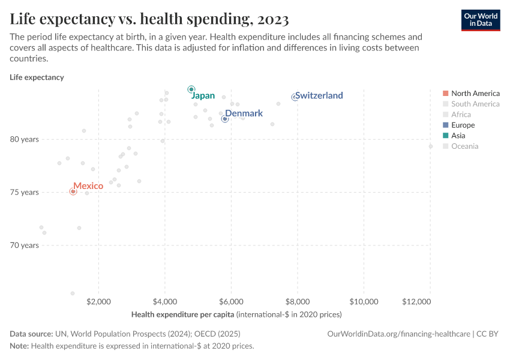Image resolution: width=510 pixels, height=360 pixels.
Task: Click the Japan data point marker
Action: click(191, 89)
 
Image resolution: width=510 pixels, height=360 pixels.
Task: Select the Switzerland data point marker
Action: click(295, 97)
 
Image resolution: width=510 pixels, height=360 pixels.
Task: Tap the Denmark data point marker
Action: click(225, 119)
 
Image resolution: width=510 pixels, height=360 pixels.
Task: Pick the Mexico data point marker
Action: click(73, 191)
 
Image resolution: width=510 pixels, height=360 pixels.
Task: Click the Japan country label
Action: click(203, 96)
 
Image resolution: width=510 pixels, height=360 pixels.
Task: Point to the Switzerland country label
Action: click(319, 95)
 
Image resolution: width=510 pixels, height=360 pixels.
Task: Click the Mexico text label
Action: click(88, 186)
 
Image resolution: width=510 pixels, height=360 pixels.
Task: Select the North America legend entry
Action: click(475, 93)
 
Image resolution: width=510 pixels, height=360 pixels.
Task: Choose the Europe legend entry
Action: click(463, 125)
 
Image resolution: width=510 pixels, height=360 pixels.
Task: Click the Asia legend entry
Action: click(459, 136)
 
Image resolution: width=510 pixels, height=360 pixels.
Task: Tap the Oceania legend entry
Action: click(464, 146)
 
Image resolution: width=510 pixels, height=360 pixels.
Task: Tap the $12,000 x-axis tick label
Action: click(417, 301)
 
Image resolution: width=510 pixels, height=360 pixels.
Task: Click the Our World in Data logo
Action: click(480, 20)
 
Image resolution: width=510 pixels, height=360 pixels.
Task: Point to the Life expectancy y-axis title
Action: click(37, 77)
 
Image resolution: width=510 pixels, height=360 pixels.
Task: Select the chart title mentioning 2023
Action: click(149, 19)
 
